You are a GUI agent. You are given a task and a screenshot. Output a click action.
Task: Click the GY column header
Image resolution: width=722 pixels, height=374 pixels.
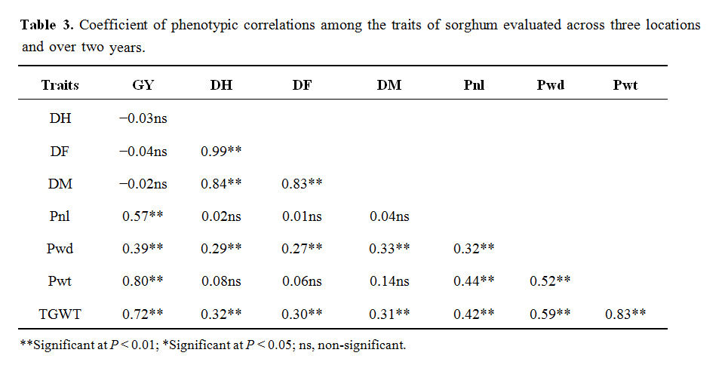[x=143, y=85]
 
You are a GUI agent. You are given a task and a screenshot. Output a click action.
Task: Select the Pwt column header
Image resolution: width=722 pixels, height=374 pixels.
[x=625, y=85]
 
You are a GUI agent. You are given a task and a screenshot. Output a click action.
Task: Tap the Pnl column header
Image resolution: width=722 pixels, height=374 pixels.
[x=474, y=85]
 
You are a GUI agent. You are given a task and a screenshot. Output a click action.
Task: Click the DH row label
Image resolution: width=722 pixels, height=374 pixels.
[x=60, y=118]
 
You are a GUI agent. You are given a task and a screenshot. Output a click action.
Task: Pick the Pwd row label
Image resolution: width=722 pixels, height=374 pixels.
[x=60, y=248]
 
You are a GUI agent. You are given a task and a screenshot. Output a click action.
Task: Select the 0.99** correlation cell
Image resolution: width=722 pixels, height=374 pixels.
[x=221, y=151]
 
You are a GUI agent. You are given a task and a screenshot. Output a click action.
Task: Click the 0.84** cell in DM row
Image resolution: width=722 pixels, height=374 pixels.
[x=221, y=183]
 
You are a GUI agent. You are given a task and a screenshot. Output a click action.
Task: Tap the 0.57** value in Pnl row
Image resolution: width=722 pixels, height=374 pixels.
[x=143, y=216]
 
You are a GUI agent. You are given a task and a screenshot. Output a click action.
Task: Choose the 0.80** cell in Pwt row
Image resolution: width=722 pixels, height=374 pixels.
[x=143, y=280]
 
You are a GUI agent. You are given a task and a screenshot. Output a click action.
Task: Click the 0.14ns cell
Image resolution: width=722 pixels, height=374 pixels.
[x=389, y=280]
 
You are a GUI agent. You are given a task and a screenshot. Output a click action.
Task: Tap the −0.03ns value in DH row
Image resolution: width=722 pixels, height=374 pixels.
[x=143, y=118]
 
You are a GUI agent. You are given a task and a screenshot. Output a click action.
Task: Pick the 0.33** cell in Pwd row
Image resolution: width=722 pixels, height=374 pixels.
[x=389, y=248]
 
